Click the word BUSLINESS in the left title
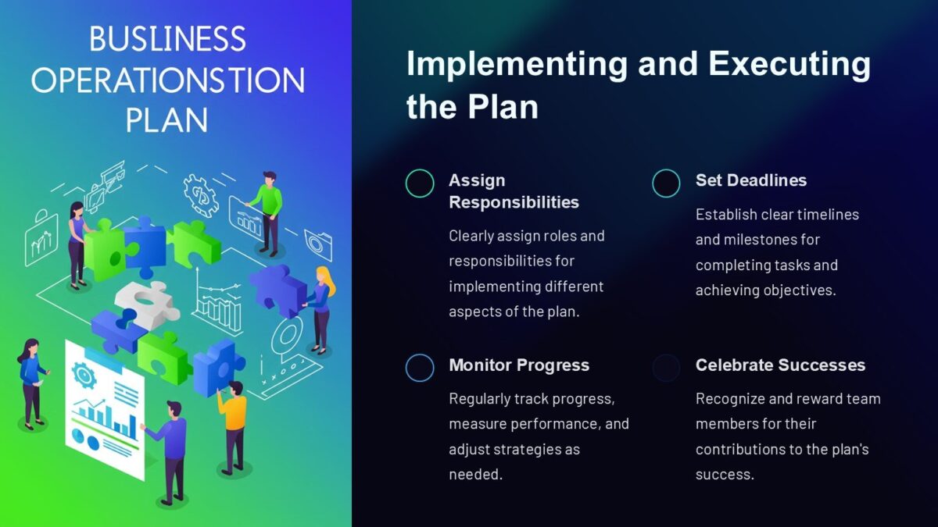point(167,40)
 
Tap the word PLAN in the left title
point(167,120)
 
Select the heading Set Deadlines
point(750,180)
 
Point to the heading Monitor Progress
point(519,365)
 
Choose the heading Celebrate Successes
point(780,365)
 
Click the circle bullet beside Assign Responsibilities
point(420,183)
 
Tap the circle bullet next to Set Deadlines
point(666,183)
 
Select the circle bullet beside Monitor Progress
point(420,368)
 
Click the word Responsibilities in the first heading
point(514,202)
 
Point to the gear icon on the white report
point(83,376)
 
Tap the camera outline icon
point(319,244)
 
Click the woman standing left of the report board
point(31,383)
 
